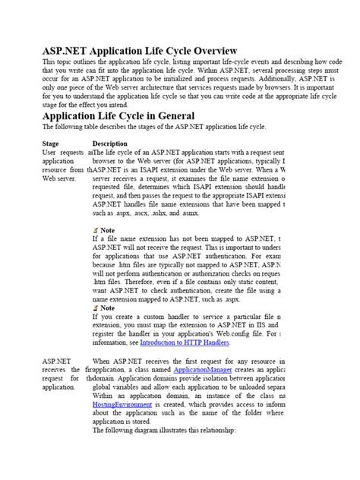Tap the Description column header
(109, 143)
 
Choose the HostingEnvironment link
(121, 404)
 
